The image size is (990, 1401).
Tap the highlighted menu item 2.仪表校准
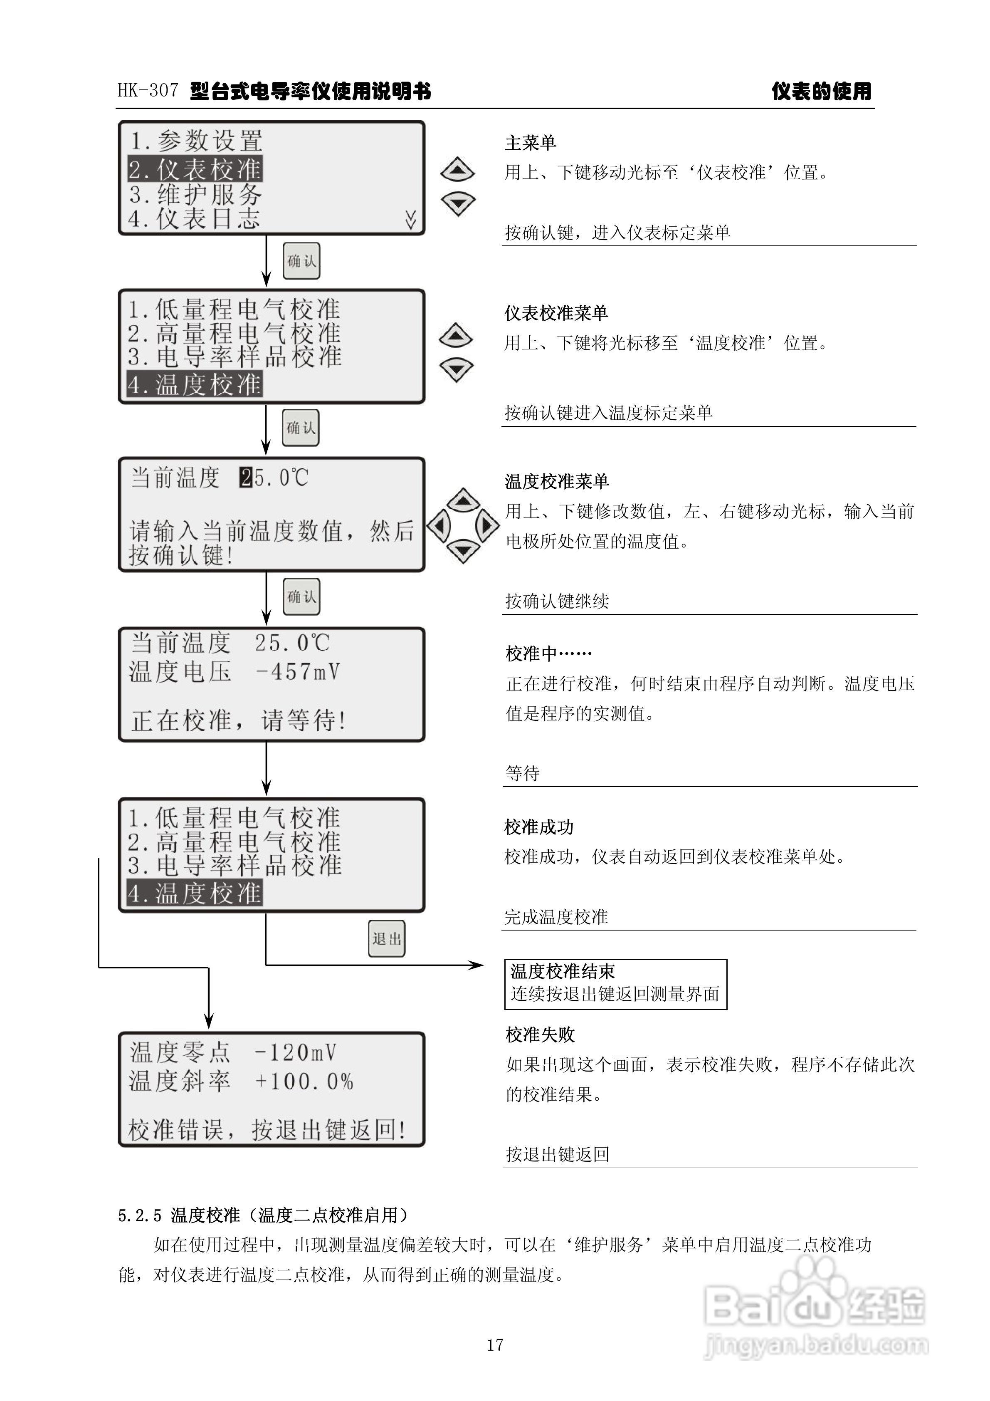[x=195, y=169]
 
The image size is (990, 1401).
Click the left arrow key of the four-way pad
[x=439, y=525]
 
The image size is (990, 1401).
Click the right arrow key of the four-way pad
[x=487, y=525]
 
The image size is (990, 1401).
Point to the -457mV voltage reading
[x=298, y=672]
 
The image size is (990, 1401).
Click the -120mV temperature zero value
[x=295, y=1052]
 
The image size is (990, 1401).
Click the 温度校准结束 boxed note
[x=615, y=983]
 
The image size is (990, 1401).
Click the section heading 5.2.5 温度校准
[x=263, y=1215]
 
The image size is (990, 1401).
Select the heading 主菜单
[x=530, y=143]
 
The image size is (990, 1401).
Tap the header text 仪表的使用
[x=821, y=92]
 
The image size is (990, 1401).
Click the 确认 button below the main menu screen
[x=301, y=261]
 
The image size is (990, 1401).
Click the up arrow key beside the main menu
[x=457, y=170]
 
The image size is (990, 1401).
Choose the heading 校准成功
[x=539, y=827]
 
